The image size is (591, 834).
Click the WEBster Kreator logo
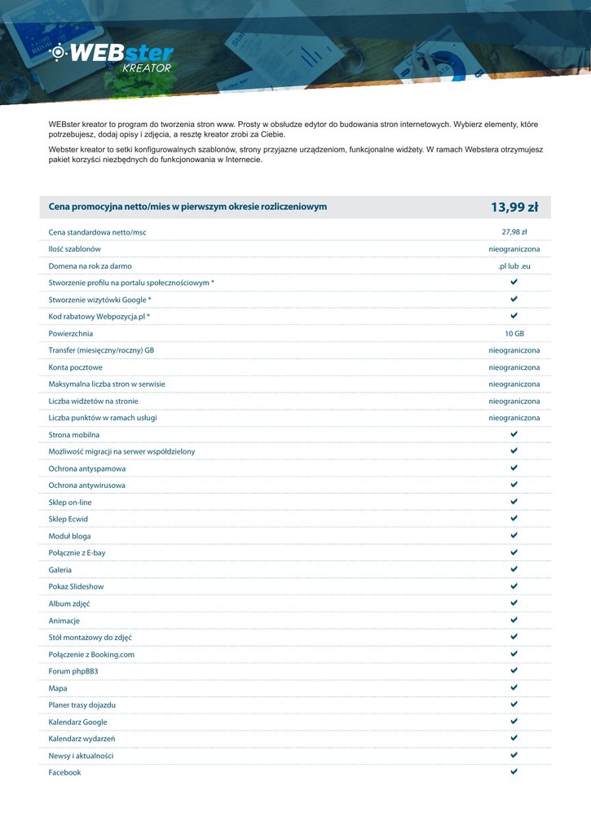pos(112,58)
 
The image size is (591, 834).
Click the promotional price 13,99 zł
pos(514,207)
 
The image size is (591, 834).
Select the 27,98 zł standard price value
pos(514,232)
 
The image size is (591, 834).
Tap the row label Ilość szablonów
pos(75,249)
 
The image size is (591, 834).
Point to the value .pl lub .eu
pos(514,266)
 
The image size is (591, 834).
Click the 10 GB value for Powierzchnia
pos(514,334)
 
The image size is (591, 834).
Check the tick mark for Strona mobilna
pos(514,435)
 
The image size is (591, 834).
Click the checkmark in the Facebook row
pos(514,772)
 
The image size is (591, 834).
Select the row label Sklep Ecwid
pos(68,519)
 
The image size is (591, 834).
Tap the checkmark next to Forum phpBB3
pos(514,671)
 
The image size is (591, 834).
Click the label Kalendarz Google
pos(77,722)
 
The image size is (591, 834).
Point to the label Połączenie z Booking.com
pos(91,654)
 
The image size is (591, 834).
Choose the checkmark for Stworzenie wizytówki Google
pos(514,300)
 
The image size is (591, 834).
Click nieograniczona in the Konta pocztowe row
pos(514,367)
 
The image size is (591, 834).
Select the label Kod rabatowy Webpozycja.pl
pos(99,317)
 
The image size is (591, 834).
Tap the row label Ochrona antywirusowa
pos(86,485)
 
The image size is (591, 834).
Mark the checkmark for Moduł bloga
pos(514,536)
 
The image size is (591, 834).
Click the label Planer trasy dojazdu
pos(82,705)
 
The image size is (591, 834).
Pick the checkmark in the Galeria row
pos(514,569)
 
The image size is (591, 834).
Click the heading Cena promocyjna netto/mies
pos(187,207)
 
